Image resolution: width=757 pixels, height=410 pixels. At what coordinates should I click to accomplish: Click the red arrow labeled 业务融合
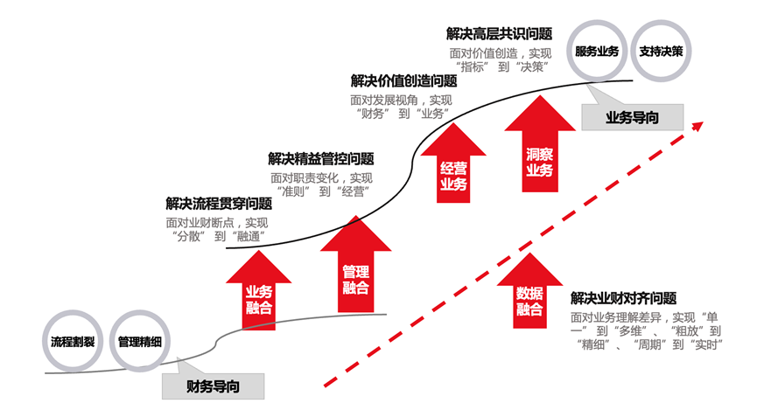(260, 293)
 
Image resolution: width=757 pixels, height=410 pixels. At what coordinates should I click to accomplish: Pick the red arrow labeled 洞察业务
(539, 149)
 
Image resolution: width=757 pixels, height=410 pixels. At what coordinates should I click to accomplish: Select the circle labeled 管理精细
(139, 341)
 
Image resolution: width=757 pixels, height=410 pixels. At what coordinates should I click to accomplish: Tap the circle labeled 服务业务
(596, 50)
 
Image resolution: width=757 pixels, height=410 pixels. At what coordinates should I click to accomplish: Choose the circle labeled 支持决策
(662, 50)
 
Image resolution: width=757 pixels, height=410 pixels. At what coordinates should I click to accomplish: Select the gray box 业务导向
(633, 116)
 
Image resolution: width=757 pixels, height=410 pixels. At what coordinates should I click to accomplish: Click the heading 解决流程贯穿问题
(219, 204)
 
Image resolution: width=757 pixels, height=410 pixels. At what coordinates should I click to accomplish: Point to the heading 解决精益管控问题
(321, 159)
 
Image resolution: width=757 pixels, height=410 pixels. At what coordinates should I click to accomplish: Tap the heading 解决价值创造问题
(403, 80)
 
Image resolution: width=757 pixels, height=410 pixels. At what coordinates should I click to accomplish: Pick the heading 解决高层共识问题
(499, 34)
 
